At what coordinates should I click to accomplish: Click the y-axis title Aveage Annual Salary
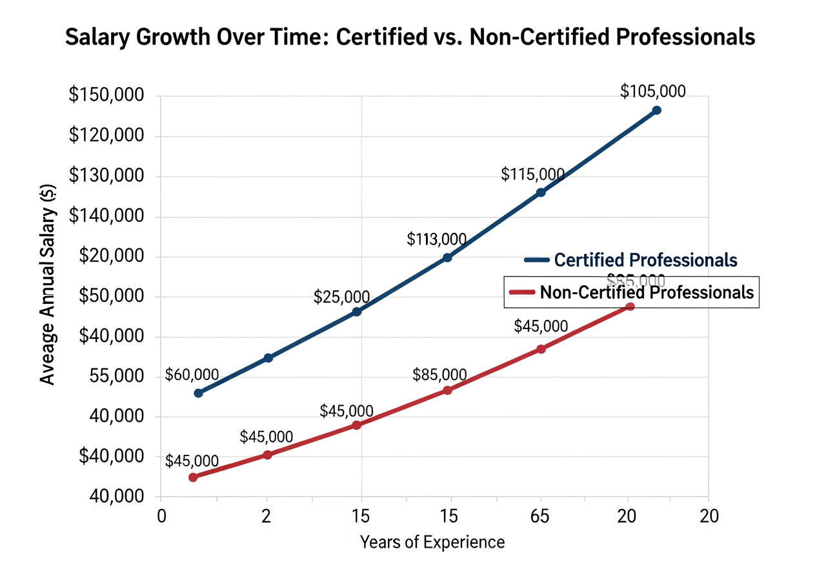tap(48, 284)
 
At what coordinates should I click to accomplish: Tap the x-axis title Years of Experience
tap(432, 542)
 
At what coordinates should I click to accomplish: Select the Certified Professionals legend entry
tap(645, 260)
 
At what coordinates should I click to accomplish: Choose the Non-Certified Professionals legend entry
tap(646, 292)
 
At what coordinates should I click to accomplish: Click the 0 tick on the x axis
tap(161, 516)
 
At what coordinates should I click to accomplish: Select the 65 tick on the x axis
tap(541, 516)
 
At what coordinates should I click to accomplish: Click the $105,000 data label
tap(652, 92)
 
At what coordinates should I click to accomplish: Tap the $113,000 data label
tap(436, 239)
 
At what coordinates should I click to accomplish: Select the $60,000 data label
tap(192, 375)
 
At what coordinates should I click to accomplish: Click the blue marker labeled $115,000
tap(541, 192)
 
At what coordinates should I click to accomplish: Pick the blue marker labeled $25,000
tap(357, 312)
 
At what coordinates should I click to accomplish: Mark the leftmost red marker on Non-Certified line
tap(192, 477)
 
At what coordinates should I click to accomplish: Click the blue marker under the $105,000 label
tap(656, 110)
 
